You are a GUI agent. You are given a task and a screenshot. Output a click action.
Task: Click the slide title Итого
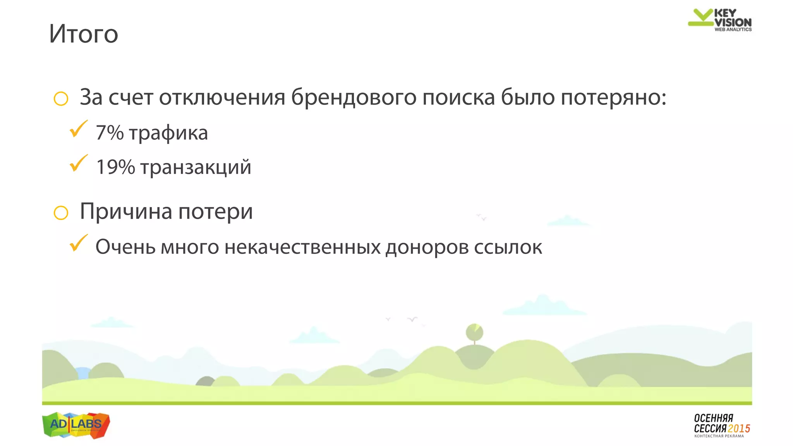pos(84,34)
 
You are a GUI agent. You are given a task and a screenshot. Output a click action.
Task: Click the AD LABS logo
pos(76,425)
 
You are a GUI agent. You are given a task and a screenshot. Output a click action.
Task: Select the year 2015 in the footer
pos(739,429)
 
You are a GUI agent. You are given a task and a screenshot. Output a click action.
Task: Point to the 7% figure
pos(110,133)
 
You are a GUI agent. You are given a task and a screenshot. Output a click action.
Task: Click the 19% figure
pos(115,167)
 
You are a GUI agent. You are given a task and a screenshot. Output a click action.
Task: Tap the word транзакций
pos(196,168)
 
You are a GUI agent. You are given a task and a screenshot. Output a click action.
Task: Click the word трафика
pos(168,133)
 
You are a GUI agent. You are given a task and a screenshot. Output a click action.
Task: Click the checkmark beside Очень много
pos(78,243)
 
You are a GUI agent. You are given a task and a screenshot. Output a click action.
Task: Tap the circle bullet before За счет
pos(61,99)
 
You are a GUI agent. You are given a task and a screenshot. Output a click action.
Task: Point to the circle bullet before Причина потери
pos(61,213)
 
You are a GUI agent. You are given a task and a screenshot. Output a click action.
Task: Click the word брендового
pos(354,97)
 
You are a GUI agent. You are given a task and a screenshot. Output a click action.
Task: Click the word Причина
pos(126,212)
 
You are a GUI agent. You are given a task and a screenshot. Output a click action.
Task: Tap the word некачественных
pos(302,247)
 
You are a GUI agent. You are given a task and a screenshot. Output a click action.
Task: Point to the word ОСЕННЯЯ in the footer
pos(713,418)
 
